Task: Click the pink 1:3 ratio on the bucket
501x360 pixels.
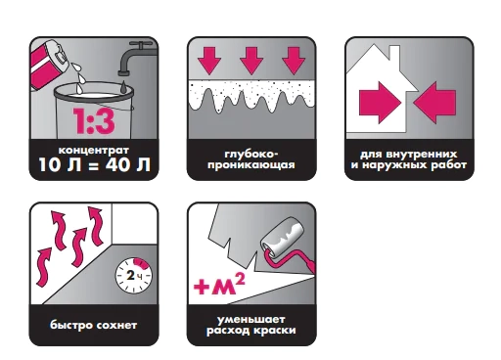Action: pos(94,121)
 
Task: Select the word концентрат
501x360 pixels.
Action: pos(94,151)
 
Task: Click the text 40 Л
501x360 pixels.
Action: pos(128,164)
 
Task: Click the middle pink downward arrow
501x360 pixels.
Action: pos(251,61)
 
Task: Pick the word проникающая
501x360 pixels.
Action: pos(251,165)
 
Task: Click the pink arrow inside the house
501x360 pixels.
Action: pos(380,103)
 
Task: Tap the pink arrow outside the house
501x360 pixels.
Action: pos(434,103)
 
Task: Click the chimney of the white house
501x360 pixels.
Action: pos(394,53)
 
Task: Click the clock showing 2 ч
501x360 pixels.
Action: pos(134,276)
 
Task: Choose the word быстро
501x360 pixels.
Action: pos(71,325)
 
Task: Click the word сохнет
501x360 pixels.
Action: pos(116,326)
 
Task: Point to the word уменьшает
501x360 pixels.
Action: pos(251,320)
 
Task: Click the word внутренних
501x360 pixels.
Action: pos(421,155)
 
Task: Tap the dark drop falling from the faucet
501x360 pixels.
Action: pos(124,87)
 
